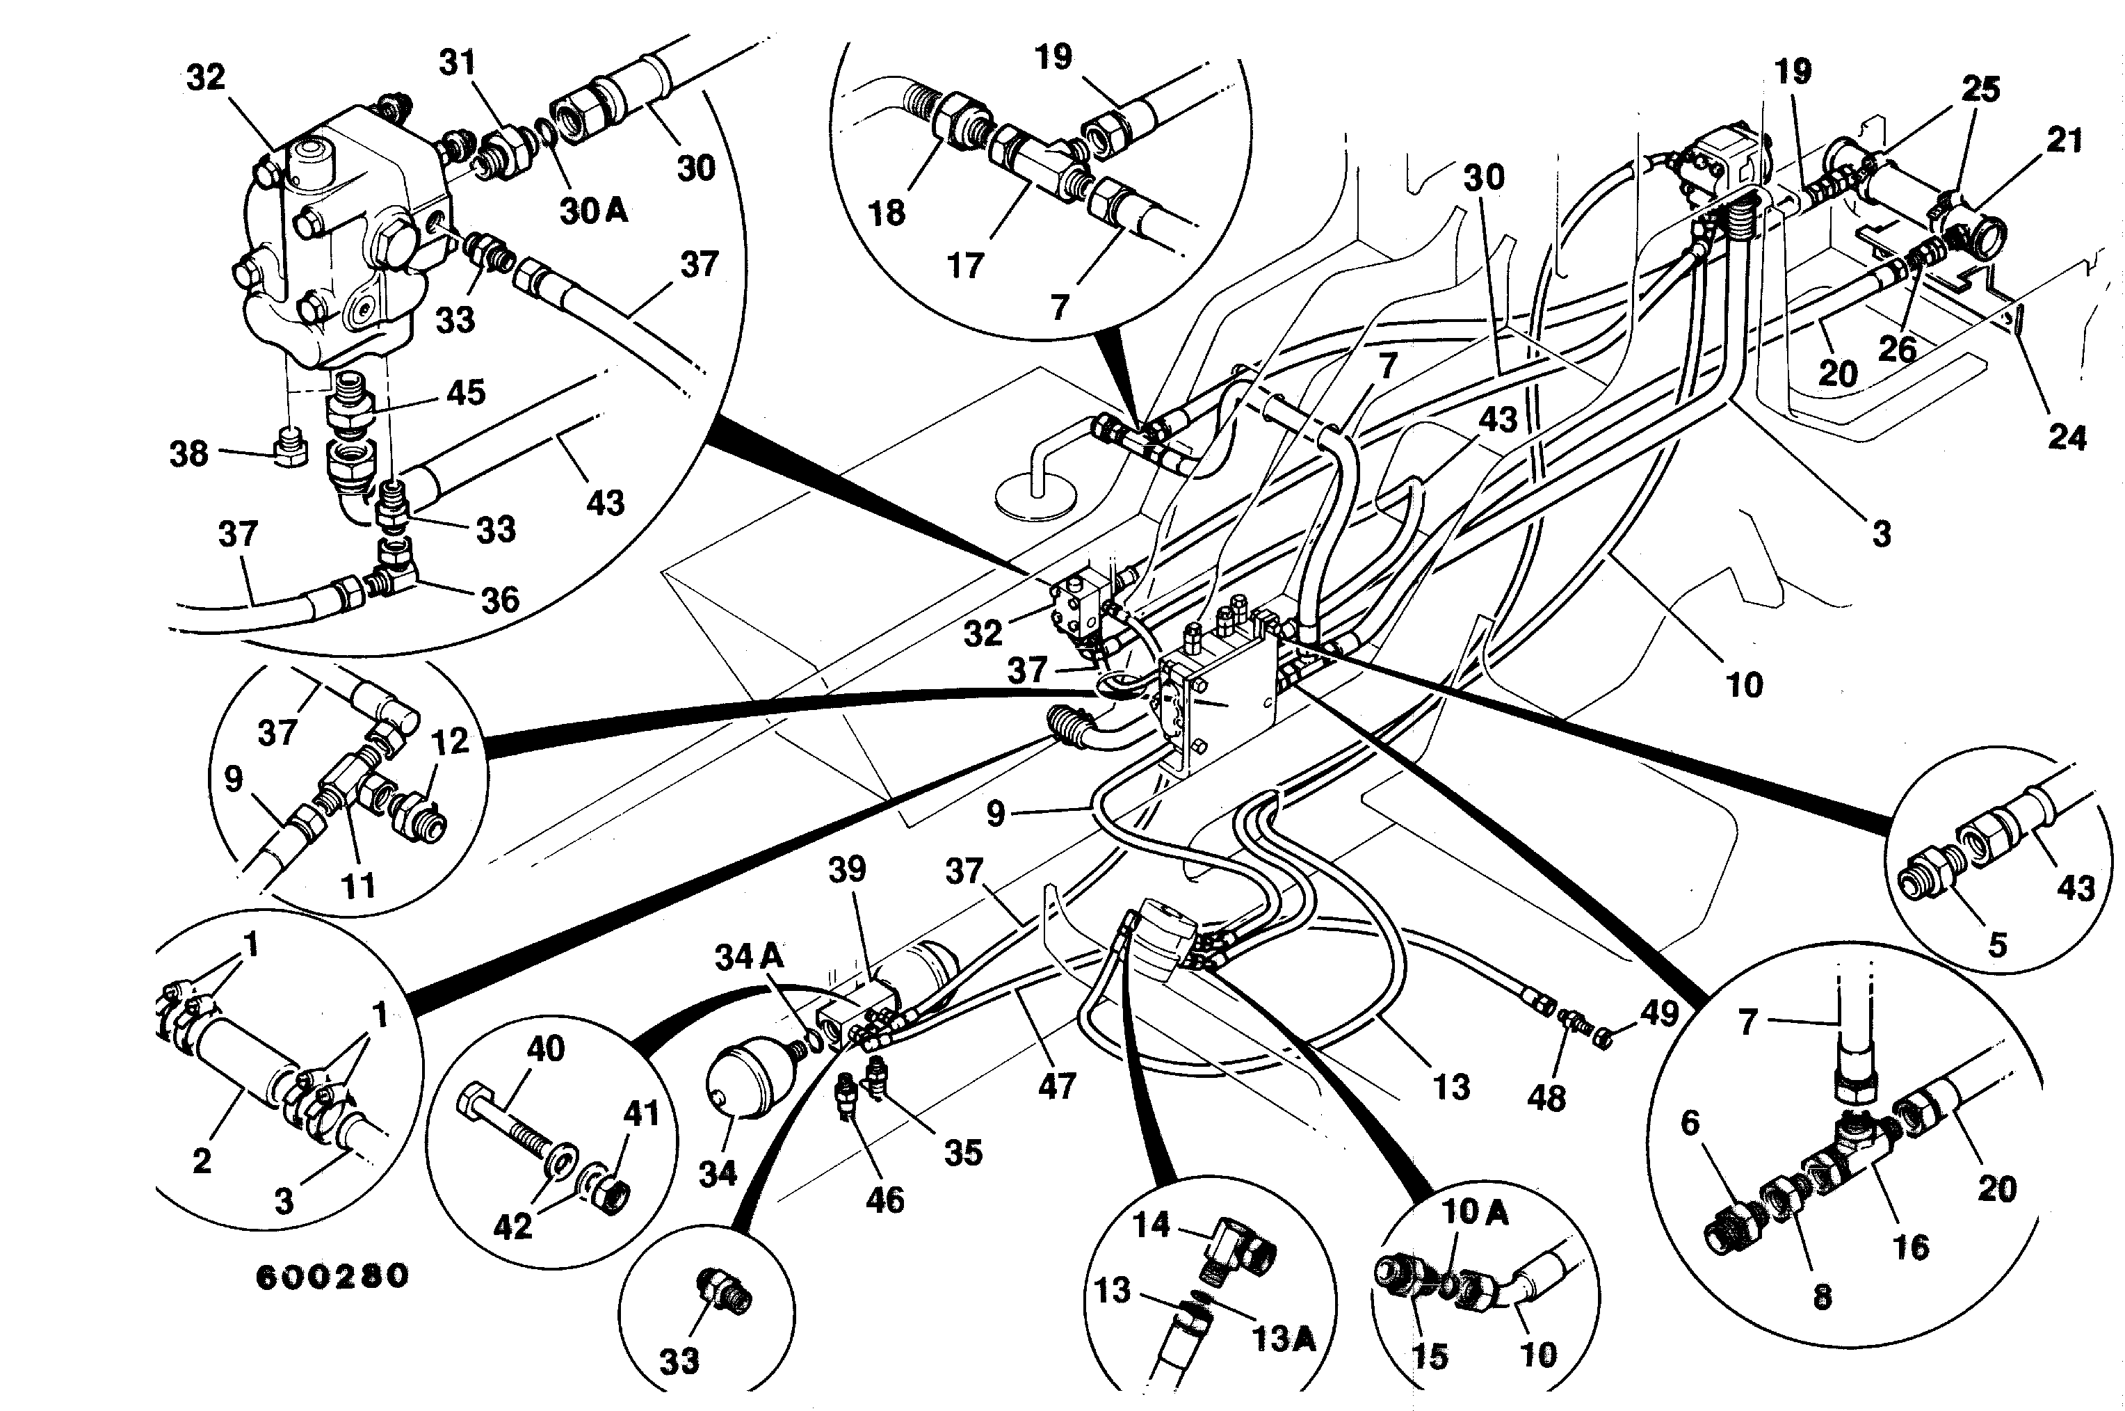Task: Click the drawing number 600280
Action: (333, 1277)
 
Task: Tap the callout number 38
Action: (189, 453)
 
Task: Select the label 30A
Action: (594, 211)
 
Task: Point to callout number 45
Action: (466, 392)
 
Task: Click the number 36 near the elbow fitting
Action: (500, 599)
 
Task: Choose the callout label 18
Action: (887, 213)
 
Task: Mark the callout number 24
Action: (2067, 437)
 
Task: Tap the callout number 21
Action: (2065, 140)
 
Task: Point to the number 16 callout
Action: (1911, 1246)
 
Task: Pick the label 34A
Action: (750, 957)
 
